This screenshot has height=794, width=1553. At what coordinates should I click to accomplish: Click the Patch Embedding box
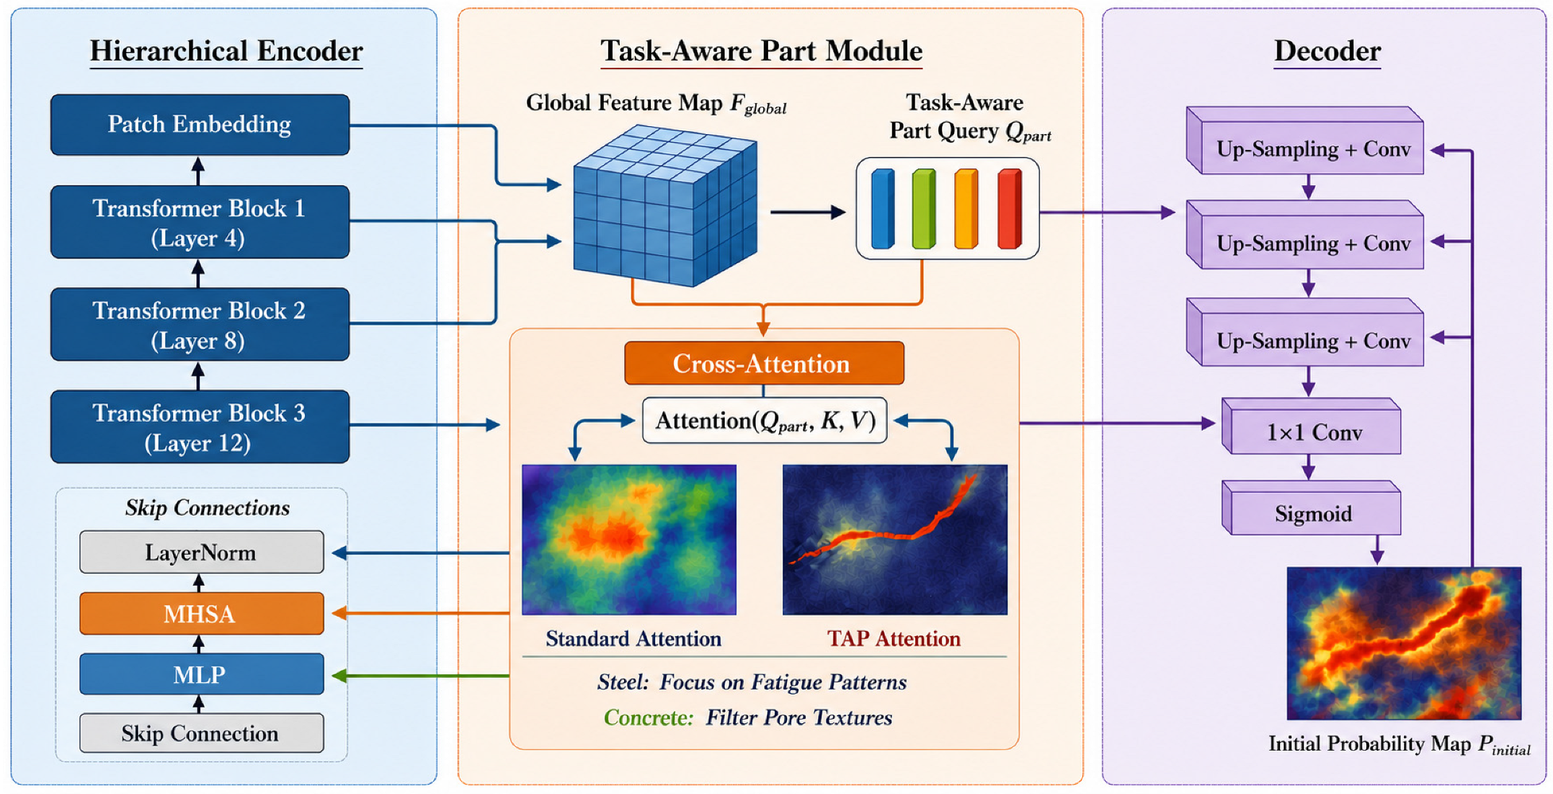pyautogui.click(x=200, y=125)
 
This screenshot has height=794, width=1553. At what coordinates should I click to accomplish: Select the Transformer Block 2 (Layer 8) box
pyautogui.click(x=200, y=324)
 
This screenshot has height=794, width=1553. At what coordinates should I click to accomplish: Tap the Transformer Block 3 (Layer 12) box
pyautogui.click(x=200, y=427)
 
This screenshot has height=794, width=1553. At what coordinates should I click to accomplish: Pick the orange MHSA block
pyautogui.click(x=202, y=613)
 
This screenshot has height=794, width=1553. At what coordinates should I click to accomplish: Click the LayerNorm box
pyautogui.click(x=202, y=552)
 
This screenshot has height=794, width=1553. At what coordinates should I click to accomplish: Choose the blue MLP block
pyautogui.click(x=202, y=674)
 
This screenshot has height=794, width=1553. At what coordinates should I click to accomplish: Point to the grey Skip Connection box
pyautogui.click(x=202, y=733)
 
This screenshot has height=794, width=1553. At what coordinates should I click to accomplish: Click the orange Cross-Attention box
pyautogui.click(x=764, y=363)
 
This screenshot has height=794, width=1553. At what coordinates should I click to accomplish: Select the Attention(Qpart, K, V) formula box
pyautogui.click(x=765, y=421)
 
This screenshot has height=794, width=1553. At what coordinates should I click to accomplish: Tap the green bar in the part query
pyautogui.click(x=924, y=209)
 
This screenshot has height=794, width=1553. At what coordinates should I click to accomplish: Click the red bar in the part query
pyautogui.click(x=1010, y=209)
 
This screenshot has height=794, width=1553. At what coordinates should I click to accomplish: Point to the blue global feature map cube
pyautogui.click(x=665, y=206)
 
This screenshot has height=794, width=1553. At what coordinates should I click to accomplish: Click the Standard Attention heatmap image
pyautogui.click(x=629, y=540)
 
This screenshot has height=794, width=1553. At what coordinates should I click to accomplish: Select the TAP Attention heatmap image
pyautogui.click(x=895, y=540)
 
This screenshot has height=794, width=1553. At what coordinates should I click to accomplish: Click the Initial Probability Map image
pyautogui.click(x=1404, y=643)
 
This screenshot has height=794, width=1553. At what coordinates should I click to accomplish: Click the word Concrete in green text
pyautogui.click(x=649, y=718)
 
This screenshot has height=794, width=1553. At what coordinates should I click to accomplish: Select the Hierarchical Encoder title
pyautogui.click(x=226, y=51)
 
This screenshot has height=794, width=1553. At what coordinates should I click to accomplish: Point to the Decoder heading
pyautogui.click(x=1327, y=51)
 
